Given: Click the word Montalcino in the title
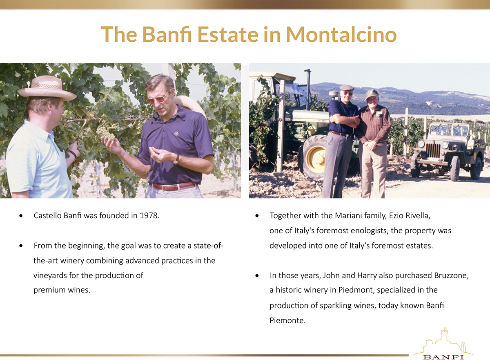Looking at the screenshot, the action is pos(341,35).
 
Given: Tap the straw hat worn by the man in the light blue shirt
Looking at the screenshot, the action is pos(47,88).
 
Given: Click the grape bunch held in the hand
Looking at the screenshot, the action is pos(105,134).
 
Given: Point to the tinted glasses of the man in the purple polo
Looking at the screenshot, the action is pos(158,98).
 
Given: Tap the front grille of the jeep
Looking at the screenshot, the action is pos(433,150).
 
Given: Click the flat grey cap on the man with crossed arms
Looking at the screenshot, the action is pos(347,88).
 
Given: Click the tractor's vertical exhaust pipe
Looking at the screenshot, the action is pos(308,90).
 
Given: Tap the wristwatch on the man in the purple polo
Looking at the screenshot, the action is pos(176,159).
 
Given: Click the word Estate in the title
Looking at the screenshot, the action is pos(228,35).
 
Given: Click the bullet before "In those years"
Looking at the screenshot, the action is pos(257,276).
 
